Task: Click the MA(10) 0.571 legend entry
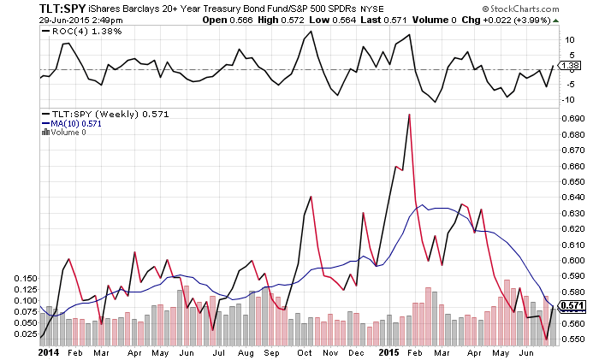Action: tap(72, 123)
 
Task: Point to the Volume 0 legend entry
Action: tap(68, 133)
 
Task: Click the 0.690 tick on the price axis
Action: tap(568, 119)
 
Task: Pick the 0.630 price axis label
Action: tap(568, 213)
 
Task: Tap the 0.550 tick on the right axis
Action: tap(568, 339)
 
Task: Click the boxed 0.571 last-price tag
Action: tap(570, 305)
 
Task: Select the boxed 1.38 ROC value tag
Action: tap(568, 65)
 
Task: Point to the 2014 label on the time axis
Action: tap(50, 351)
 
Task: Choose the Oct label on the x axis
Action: tap(305, 351)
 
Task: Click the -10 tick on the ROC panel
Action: tap(566, 100)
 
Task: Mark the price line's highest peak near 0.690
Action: tap(409, 115)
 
